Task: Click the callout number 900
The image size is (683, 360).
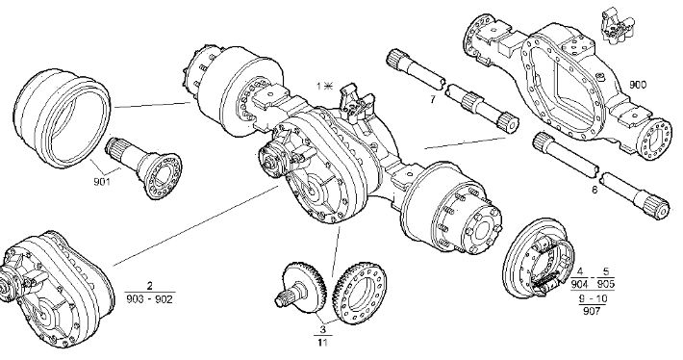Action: (x=638, y=85)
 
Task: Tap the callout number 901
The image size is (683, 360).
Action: (x=102, y=181)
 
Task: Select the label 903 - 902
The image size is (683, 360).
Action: (x=150, y=299)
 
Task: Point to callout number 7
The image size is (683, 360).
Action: (x=433, y=100)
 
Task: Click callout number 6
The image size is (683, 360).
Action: (x=594, y=190)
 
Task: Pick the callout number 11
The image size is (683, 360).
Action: (x=322, y=342)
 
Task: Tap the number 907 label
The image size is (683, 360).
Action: (x=593, y=311)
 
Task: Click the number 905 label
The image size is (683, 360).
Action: (x=606, y=284)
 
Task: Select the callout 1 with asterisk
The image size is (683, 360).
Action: (x=324, y=87)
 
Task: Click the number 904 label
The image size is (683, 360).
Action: (x=579, y=284)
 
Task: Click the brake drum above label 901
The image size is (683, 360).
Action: (x=61, y=117)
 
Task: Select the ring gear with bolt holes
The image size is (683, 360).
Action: (x=360, y=293)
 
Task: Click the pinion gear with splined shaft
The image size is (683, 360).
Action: (x=301, y=287)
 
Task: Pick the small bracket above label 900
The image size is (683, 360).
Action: (x=618, y=25)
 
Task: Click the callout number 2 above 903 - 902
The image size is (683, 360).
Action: (x=150, y=286)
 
